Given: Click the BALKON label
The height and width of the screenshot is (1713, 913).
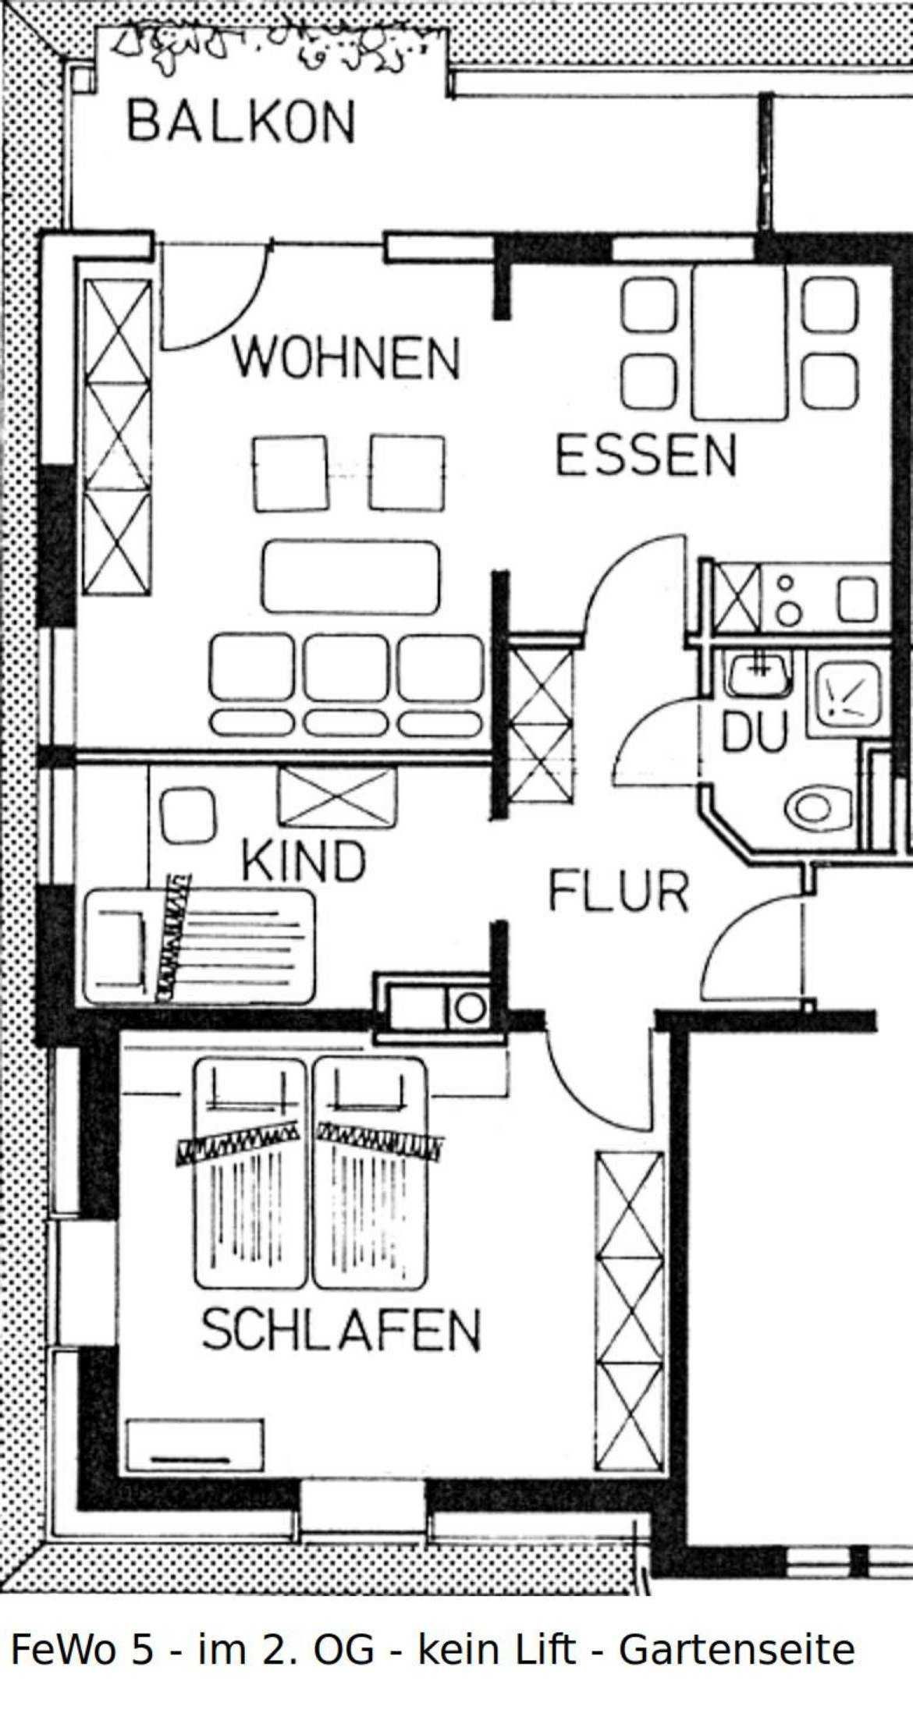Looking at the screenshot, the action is pyautogui.click(x=241, y=122).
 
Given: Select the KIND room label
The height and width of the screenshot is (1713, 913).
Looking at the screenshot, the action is pyautogui.click(x=304, y=860).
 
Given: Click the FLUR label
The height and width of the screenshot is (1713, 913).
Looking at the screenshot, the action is pyautogui.click(x=618, y=892).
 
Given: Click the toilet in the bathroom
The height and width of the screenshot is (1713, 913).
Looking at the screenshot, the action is pyautogui.click(x=819, y=809).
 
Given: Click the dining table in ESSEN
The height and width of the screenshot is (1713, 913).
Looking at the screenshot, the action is pyautogui.click(x=739, y=342).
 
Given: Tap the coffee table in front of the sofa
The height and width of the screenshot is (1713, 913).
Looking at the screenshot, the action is pyautogui.click(x=350, y=576).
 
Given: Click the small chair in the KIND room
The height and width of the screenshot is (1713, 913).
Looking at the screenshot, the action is pyautogui.click(x=187, y=815).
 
